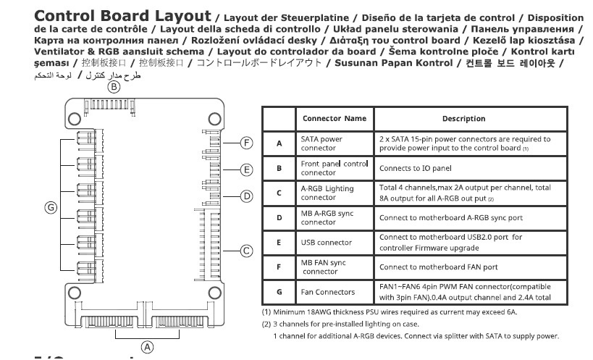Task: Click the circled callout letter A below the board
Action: pyautogui.click(x=148, y=347)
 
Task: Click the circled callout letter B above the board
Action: pyautogui.click(x=114, y=87)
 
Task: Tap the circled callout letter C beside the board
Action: pyautogui.click(x=246, y=251)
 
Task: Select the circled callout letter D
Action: pyautogui.click(x=246, y=196)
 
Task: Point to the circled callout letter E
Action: pyautogui.click(x=246, y=170)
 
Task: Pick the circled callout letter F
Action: pyautogui.click(x=246, y=143)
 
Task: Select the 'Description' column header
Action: pyautogui.click(x=463, y=118)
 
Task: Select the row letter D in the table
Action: pyautogui.click(x=279, y=217)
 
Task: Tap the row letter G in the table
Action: pyautogui.click(x=279, y=291)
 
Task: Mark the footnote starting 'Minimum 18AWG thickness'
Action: pyautogui.click(x=390, y=312)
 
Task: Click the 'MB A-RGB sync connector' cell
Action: pyautogui.click(x=325, y=217)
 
